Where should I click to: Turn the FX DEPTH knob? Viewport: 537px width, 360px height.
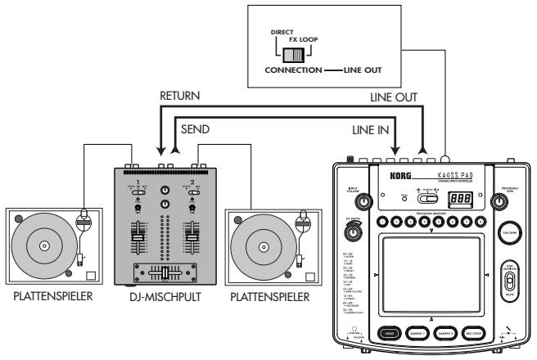[354, 233]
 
